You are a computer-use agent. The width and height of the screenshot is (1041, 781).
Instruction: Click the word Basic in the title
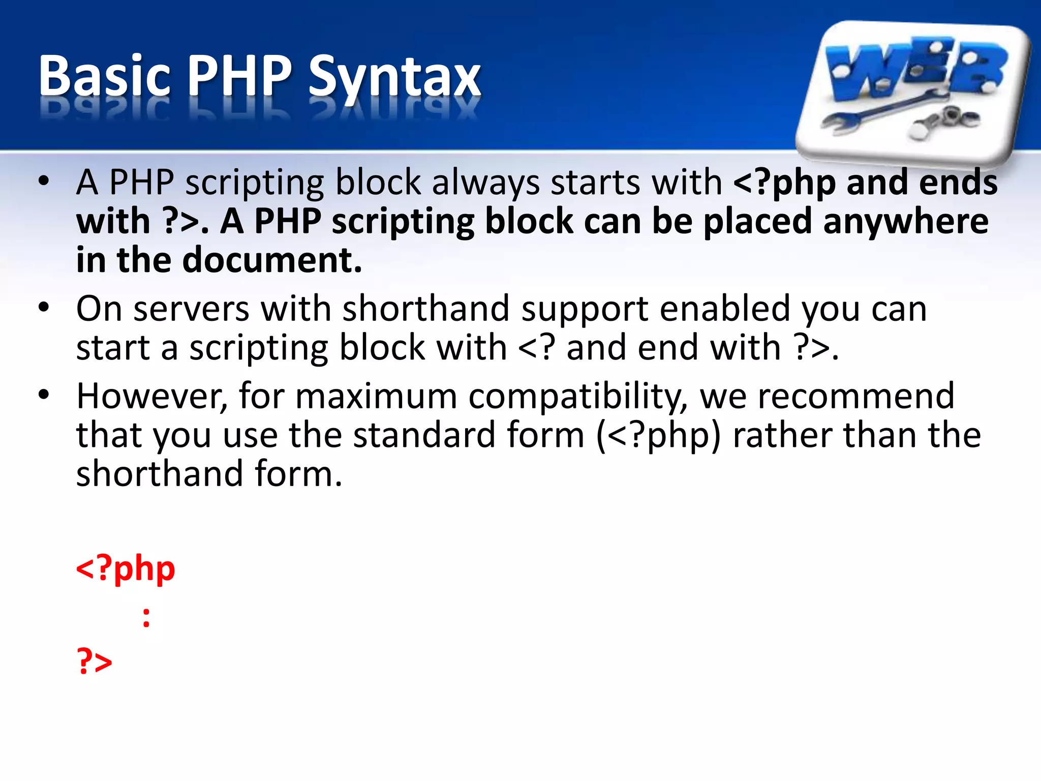[x=104, y=76]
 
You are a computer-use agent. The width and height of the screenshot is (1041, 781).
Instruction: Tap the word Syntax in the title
[x=394, y=79]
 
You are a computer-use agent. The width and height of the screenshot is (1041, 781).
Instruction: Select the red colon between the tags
[x=146, y=617]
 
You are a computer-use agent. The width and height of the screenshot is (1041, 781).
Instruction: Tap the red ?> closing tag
[x=95, y=661]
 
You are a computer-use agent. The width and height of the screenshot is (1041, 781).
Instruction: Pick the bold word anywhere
[x=905, y=222]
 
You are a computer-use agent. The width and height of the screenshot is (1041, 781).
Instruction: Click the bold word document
[x=272, y=260]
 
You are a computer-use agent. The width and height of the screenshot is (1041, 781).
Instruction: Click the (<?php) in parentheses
[x=659, y=436]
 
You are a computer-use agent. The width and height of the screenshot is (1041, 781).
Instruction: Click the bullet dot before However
[x=44, y=394]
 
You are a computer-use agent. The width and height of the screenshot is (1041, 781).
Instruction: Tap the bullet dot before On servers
[x=44, y=307]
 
